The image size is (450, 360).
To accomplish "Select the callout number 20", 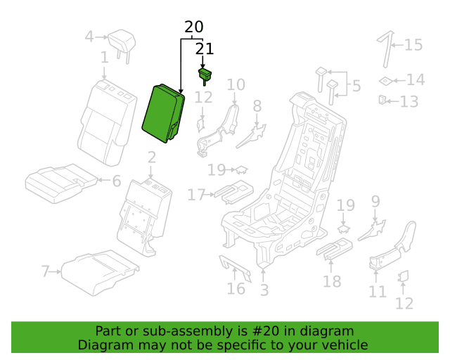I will point(193,27).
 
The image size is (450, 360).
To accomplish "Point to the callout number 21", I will point(204,49).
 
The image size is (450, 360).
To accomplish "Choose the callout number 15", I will point(413,45).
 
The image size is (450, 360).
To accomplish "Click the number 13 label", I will point(409,102).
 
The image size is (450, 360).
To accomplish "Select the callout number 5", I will point(356,86).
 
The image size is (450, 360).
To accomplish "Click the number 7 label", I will point(46,271).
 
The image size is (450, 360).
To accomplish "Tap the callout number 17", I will point(196,195).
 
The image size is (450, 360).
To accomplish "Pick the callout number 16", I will point(236,288).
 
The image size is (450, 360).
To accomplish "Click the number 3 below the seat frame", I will point(264,290).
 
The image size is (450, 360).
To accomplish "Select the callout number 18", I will point(331,281).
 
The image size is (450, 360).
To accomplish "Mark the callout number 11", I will point(378,291).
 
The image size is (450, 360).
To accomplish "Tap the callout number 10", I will point(236,85).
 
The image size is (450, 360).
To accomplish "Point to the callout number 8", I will point(257,106).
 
